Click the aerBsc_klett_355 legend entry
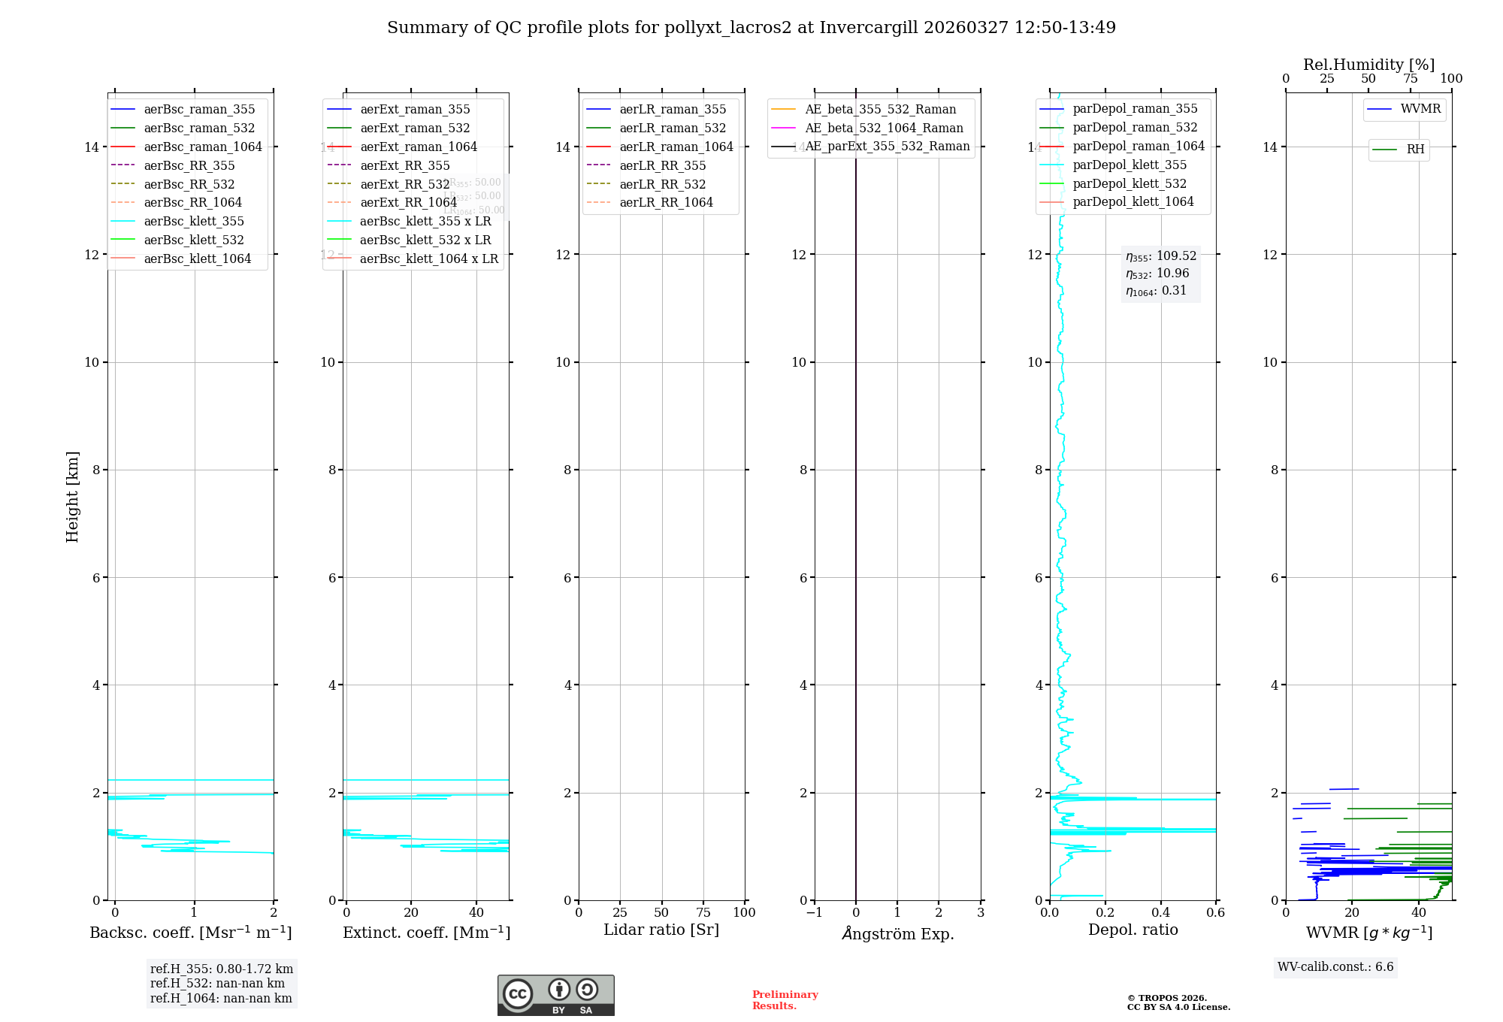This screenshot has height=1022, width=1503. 193,222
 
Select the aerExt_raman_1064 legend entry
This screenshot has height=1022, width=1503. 418,147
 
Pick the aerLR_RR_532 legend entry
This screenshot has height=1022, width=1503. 662,185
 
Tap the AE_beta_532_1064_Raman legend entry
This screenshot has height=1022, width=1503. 884,129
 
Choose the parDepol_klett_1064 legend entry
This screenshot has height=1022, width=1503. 1133,202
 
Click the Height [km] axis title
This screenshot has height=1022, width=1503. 72,497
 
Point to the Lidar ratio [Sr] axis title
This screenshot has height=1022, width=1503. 661,930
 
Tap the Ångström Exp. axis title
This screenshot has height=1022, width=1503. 897,934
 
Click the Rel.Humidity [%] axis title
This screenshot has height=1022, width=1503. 1368,65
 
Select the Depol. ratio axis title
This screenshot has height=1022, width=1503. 1133,930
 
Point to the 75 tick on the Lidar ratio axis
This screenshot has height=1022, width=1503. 703,913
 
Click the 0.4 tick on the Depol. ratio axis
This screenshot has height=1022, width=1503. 1160,913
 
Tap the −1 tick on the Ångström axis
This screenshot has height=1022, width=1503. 814,913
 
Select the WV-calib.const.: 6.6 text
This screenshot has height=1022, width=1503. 1335,967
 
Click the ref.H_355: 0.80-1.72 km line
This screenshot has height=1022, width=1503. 222,969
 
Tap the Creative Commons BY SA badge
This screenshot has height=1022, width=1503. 555,996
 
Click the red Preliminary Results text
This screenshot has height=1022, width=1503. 785,1000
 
